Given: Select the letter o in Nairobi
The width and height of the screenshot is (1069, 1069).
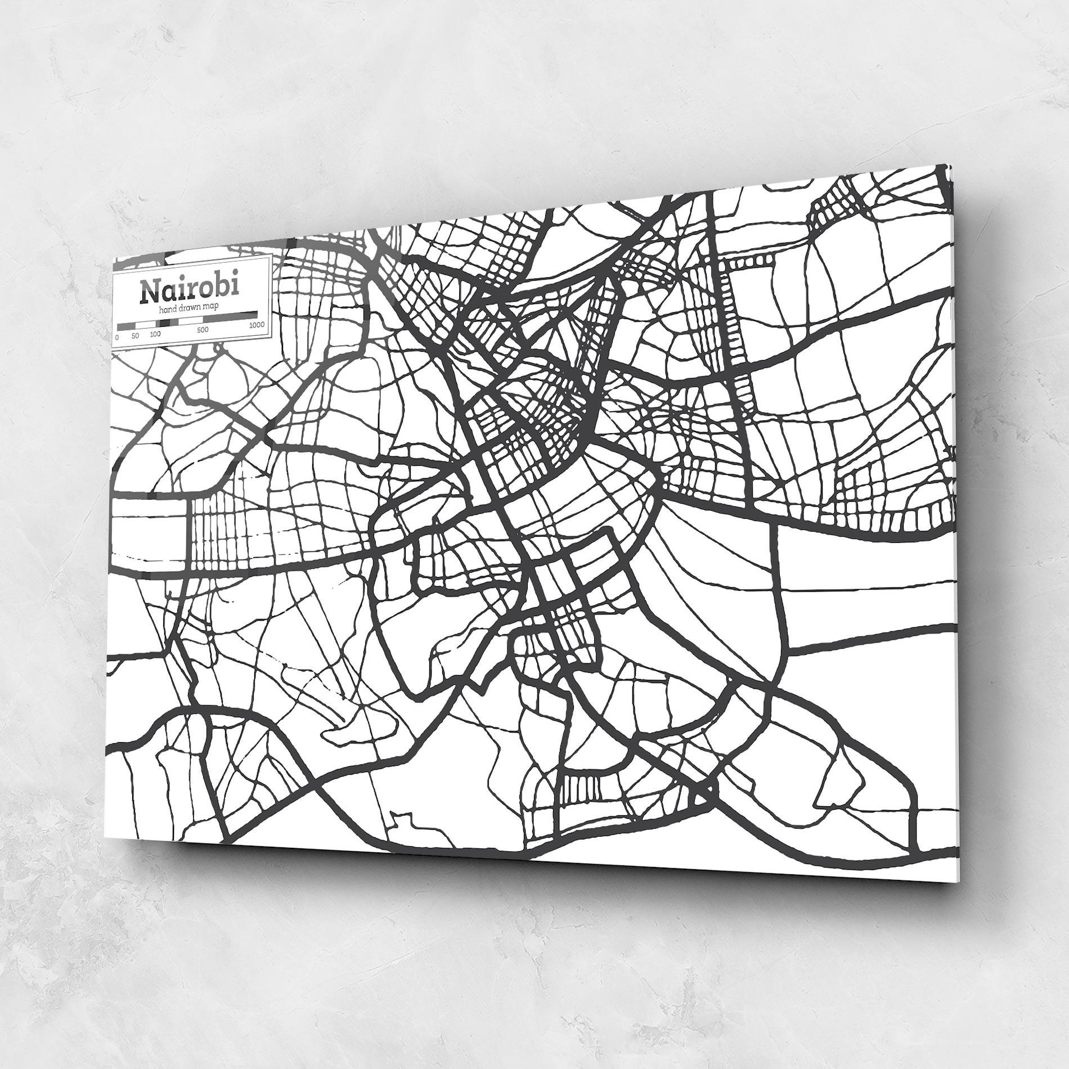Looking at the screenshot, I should pos(206,289).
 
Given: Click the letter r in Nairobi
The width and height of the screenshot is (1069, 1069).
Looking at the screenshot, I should pos(192,290).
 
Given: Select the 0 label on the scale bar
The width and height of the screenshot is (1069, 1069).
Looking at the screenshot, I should pos(117,338).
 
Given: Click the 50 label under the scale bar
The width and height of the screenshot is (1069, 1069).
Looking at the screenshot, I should pos(135,336).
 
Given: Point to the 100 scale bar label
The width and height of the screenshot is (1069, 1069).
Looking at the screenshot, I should pos(155,334).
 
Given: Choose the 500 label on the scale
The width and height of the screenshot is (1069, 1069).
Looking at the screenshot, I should pos(203,330).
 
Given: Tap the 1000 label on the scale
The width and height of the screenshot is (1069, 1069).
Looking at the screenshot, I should pos(257,325).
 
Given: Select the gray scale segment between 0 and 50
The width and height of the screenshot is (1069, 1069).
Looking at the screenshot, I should pos(126,326).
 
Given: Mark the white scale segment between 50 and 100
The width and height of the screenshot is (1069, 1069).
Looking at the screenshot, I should pos(145,325).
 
